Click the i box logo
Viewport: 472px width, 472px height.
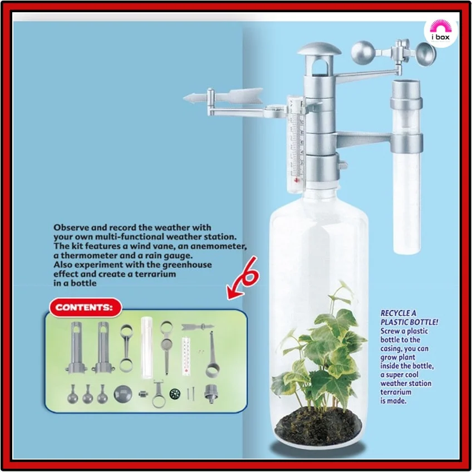click(x=441, y=31)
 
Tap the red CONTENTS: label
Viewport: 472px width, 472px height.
click(x=86, y=307)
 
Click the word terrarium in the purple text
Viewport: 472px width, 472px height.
click(x=396, y=392)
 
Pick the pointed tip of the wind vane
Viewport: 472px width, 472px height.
click(x=184, y=98)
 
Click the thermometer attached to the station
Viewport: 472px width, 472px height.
click(x=296, y=145)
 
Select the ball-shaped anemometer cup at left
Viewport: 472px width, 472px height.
click(x=363, y=53)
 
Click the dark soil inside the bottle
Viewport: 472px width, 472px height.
click(x=319, y=425)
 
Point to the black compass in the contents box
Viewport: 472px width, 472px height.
click(x=175, y=394)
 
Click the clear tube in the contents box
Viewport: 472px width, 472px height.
click(x=146, y=347)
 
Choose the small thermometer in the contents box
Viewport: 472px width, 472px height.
click(x=186, y=357)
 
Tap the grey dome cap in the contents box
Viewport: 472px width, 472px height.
click(x=123, y=394)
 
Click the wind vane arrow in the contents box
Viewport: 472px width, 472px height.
click(x=198, y=327)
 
